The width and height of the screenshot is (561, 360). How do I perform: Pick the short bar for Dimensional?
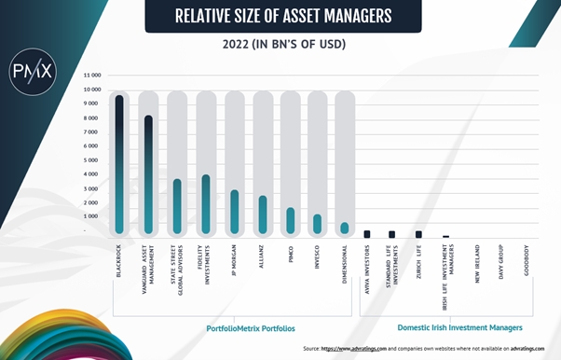point(345,227)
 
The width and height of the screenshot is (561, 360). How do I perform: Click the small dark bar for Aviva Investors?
point(367,233)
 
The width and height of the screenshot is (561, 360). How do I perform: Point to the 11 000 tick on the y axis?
point(92,75)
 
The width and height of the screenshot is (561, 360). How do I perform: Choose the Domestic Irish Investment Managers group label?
point(459,328)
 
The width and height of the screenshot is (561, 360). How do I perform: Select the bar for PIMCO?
point(290,220)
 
